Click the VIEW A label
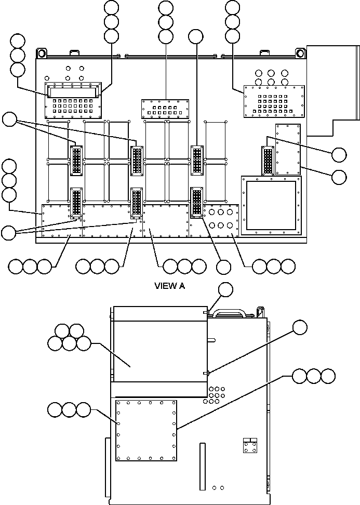(169, 286)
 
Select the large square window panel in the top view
(271, 205)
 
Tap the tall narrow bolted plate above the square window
(288, 149)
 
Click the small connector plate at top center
(165, 109)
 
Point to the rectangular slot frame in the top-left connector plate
(73, 91)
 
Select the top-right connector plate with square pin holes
(274, 101)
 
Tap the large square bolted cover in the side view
(146, 430)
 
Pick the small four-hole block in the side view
(250, 445)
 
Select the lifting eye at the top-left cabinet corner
(42, 53)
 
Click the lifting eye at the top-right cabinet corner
(300, 53)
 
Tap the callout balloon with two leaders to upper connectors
(9, 119)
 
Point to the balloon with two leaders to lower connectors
(9, 233)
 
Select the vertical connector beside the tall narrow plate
(268, 160)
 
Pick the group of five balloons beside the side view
(70, 338)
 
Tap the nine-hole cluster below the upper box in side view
(215, 394)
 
